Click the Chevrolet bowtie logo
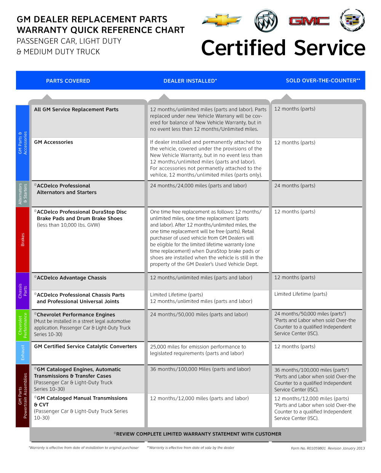(222, 20)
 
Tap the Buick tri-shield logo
(266, 21)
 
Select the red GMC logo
(309, 21)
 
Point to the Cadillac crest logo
(352, 20)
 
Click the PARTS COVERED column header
(68, 81)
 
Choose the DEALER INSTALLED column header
(190, 81)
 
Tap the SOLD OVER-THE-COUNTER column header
(323, 80)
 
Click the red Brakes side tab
(22, 240)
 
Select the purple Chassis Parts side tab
(22, 291)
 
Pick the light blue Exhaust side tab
(22, 352)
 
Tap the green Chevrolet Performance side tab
(22, 325)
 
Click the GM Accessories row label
(54, 142)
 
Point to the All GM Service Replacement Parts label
(76, 109)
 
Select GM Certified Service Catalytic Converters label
(85, 346)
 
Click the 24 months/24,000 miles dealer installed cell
(198, 186)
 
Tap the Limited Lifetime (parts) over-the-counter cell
(301, 294)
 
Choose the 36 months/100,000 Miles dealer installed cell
(200, 369)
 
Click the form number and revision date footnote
(328, 448)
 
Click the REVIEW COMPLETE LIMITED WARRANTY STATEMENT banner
(197, 434)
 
